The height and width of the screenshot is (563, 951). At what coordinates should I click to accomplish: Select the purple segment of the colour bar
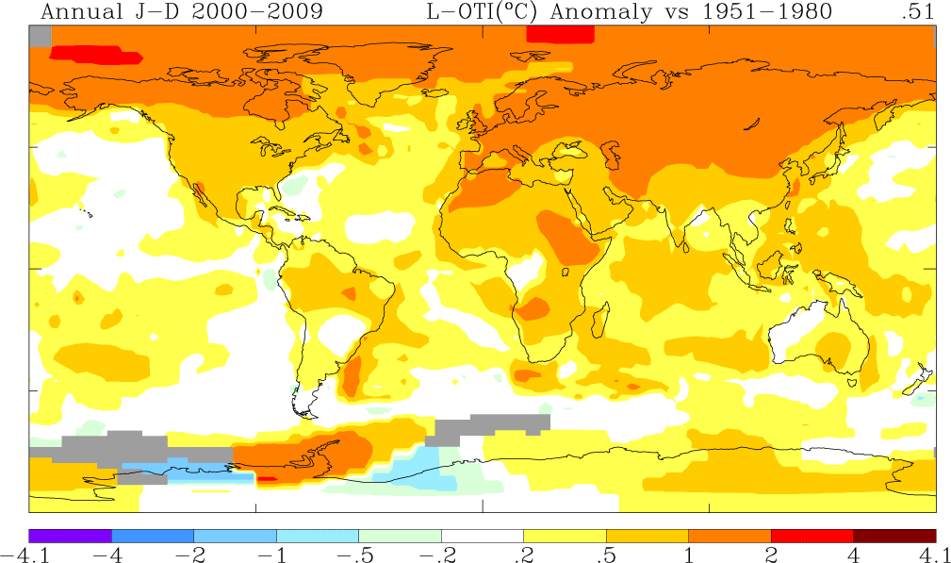point(71,535)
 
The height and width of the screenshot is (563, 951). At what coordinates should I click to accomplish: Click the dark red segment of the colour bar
point(894,535)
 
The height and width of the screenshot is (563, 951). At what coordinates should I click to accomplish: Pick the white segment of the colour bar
point(482,535)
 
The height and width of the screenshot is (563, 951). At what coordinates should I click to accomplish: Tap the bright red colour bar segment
point(812,535)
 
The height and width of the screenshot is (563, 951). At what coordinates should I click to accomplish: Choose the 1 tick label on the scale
point(688,554)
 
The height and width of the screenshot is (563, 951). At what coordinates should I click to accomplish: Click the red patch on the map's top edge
point(560,33)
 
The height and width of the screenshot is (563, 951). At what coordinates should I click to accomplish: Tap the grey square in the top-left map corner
point(40,35)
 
